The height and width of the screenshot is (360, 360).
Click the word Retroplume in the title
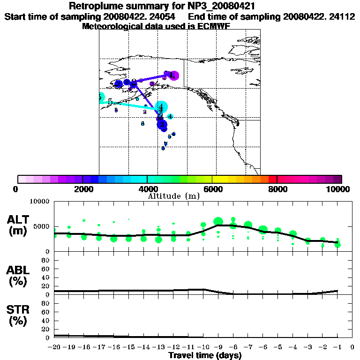(96, 7)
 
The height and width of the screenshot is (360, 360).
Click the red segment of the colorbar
(272, 179)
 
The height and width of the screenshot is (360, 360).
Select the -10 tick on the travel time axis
(203, 347)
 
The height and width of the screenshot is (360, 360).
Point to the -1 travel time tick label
(337, 347)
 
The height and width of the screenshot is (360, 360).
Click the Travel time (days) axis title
(205, 355)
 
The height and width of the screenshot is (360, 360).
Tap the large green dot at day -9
(218, 222)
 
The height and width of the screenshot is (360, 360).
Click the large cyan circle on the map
(162, 107)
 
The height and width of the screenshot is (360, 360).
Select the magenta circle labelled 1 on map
(173, 75)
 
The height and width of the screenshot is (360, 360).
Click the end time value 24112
(342, 16)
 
